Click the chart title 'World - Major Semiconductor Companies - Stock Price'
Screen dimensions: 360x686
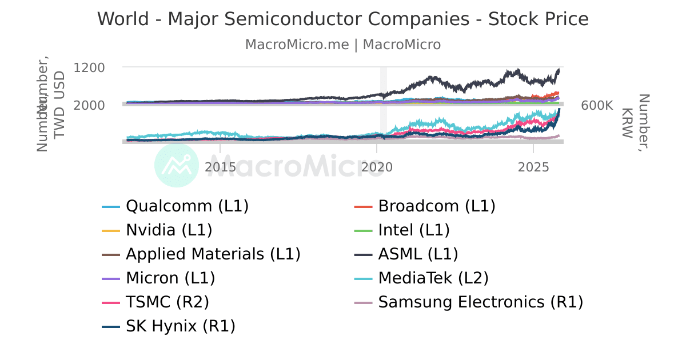tap(343, 19)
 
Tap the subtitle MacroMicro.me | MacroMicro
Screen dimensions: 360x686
tap(343, 45)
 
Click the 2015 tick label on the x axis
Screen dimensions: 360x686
tap(220, 167)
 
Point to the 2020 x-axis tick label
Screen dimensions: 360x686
tap(377, 167)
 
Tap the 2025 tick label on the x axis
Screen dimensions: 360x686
tap(533, 167)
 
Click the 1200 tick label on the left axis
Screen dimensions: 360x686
tap(89, 67)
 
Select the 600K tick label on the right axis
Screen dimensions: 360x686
tap(597, 106)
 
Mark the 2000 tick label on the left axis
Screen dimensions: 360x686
tap(89, 106)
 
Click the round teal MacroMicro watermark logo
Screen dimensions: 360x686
tap(177, 166)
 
